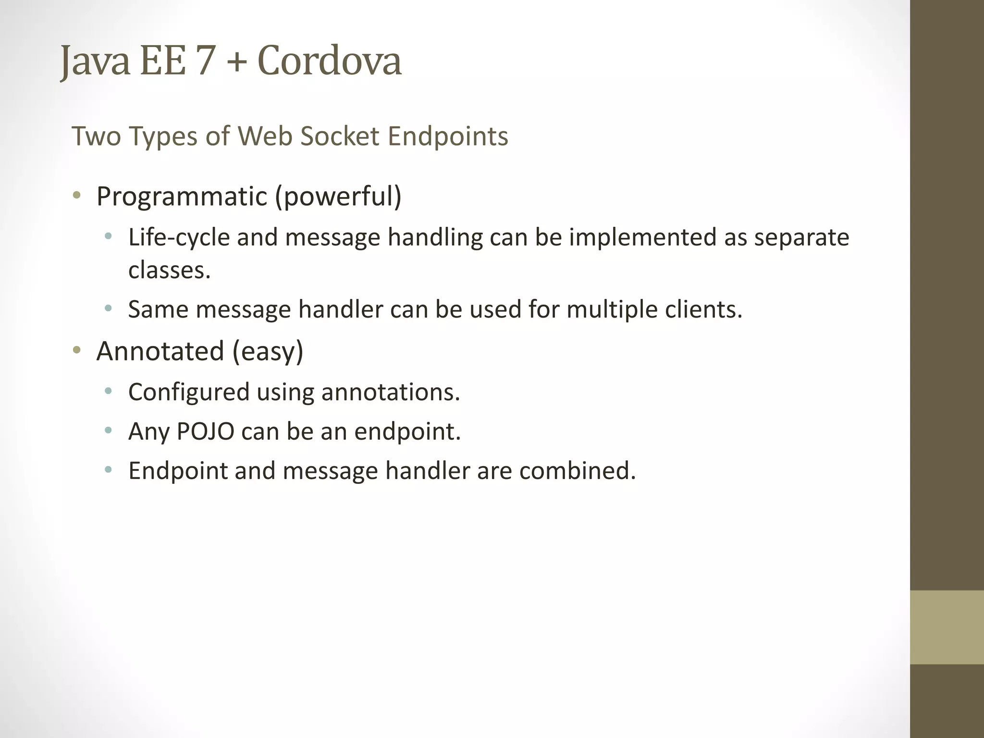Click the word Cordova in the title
[x=329, y=61]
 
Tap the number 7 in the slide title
[x=205, y=61]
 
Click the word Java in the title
[x=95, y=61]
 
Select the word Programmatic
[x=182, y=197]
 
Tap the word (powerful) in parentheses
[x=338, y=197]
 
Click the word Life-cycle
[x=179, y=237]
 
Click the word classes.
[x=169, y=270]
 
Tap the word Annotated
[x=160, y=351]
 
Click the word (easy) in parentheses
[x=268, y=351]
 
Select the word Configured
[x=188, y=392]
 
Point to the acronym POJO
[x=206, y=431]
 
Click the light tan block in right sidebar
[x=947, y=627]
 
